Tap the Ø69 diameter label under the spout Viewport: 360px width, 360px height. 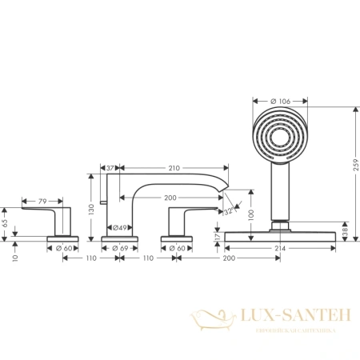click(122, 250)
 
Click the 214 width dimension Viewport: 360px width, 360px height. click(280, 250)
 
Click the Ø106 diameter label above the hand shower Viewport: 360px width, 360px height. click(280, 100)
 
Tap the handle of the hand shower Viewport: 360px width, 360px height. click(279, 192)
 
